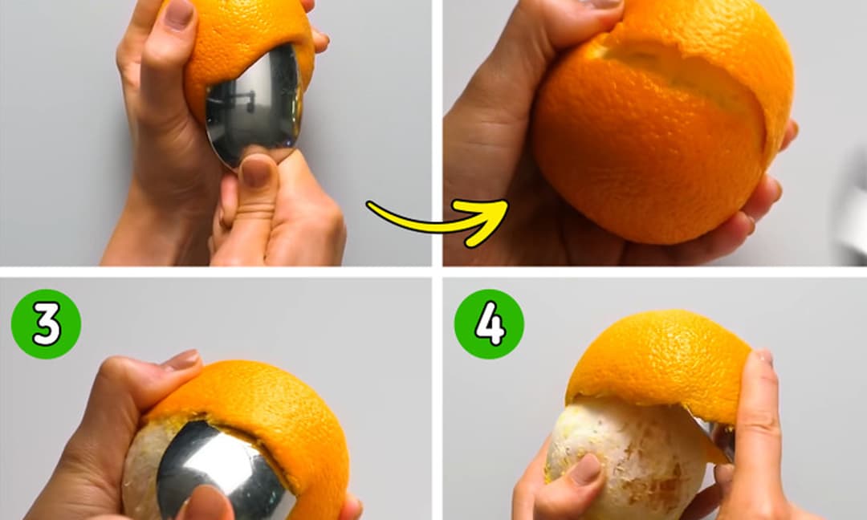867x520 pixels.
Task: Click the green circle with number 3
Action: [46, 324]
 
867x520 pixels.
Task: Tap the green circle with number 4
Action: [490, 324]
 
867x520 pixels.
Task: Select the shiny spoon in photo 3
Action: [222, 469]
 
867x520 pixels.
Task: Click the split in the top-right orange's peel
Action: [680, 72]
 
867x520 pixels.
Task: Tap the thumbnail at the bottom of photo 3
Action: [207, 503]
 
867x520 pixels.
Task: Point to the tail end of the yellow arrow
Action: [369, 205]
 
